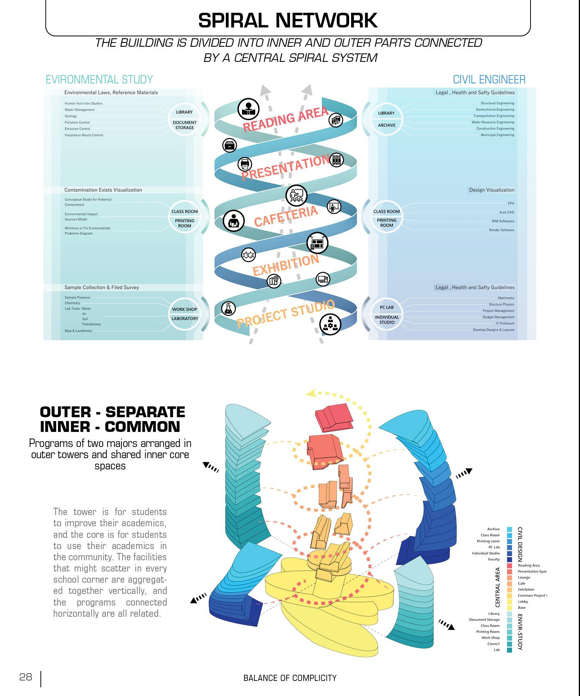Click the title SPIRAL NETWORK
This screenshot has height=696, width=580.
(288, 21)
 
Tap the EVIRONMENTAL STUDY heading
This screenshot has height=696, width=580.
(99, 80)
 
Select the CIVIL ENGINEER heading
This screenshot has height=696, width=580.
(489, 80)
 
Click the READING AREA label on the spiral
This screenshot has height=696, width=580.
(285, 119)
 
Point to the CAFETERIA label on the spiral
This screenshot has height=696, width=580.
(286, 217)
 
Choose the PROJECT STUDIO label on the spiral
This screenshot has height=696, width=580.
(285, 314)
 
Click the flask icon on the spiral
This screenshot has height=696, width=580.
(229, 308)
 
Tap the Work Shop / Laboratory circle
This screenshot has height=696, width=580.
(185, 314)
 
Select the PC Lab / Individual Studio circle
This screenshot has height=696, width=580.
(387, 314)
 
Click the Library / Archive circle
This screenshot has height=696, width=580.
(386, 119)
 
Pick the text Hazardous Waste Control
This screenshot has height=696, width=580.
(84, 135)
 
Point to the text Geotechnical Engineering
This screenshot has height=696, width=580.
(495, 109)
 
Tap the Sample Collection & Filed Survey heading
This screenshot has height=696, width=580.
(101, 287)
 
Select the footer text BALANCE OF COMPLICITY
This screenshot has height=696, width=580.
(290, 678)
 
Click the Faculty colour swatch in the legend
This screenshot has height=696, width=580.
(510, 559)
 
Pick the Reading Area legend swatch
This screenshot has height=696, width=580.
(510, 565)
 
